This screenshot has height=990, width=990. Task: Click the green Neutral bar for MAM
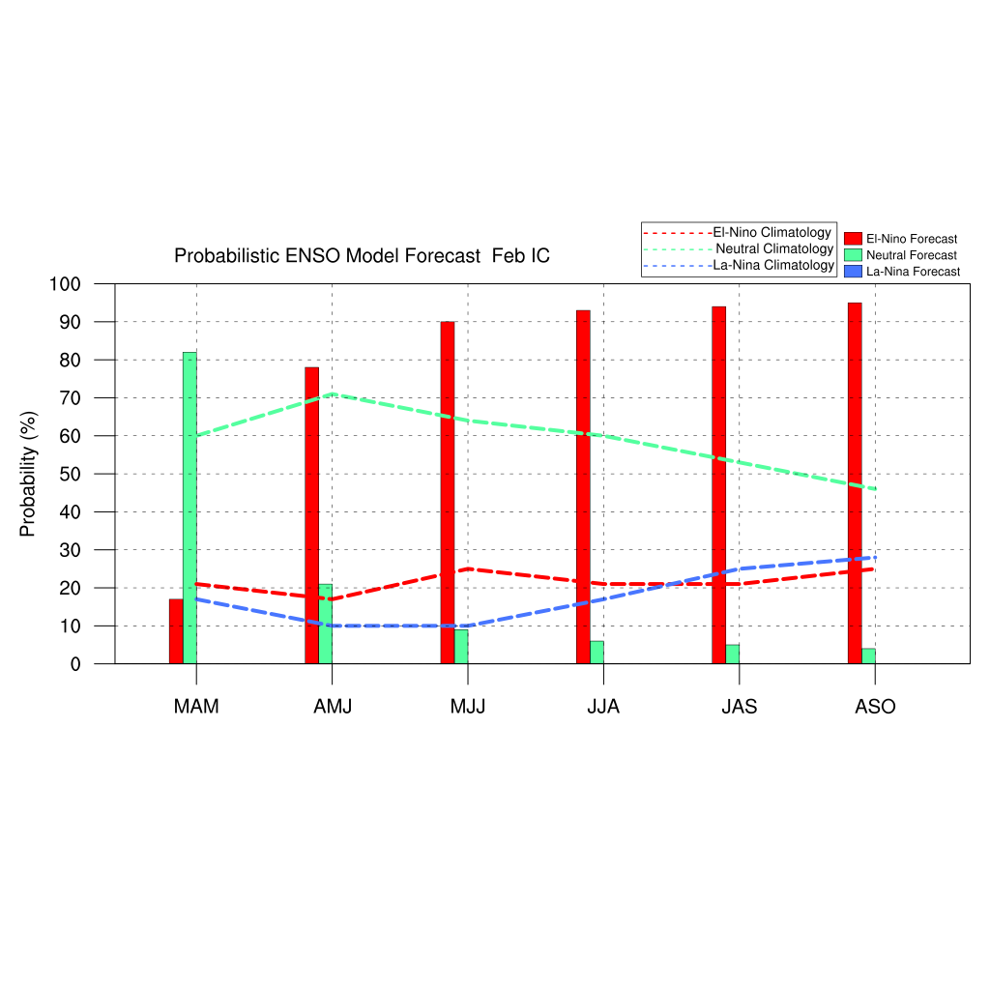[x=189, y=508]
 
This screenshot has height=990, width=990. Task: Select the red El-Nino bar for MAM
[x=176, y=631]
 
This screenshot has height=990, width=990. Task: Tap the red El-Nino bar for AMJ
[x=311, y=515]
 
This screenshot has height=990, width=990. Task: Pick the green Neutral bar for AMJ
[x=326, y=624]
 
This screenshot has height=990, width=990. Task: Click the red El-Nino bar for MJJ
[x=448, y=492]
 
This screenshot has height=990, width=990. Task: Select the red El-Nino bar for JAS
[x=718, y=484]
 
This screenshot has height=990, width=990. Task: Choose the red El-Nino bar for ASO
[x=855, y=482]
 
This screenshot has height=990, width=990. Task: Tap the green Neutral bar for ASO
[x=868, y=655]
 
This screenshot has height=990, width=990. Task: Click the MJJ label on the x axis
[x=468, y=707]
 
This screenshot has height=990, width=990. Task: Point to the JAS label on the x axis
[x=740, y=707]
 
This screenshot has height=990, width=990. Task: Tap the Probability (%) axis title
[x=28, y=474]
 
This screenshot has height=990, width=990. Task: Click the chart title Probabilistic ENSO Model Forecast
[x=362, y=256]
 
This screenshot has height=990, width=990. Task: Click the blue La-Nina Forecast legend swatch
[x=852, y=272]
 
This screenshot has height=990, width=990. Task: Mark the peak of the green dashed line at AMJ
[x=333, y=393]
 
